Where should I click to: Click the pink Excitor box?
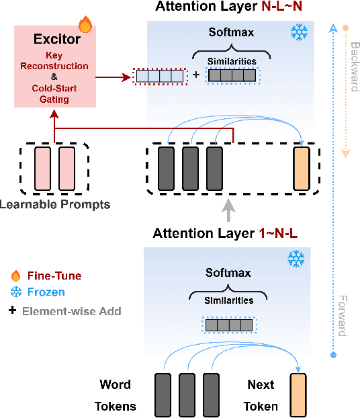coord(57,67)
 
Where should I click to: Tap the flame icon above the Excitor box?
coord(85,26)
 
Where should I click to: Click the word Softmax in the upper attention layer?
coord(228,31)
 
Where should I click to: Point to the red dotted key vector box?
coord(159,75)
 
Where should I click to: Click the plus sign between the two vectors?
coord(196,75)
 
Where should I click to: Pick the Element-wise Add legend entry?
coord(66,310)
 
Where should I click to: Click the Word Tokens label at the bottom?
coord(115,396)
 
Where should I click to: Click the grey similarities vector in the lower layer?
coord(228,325)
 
